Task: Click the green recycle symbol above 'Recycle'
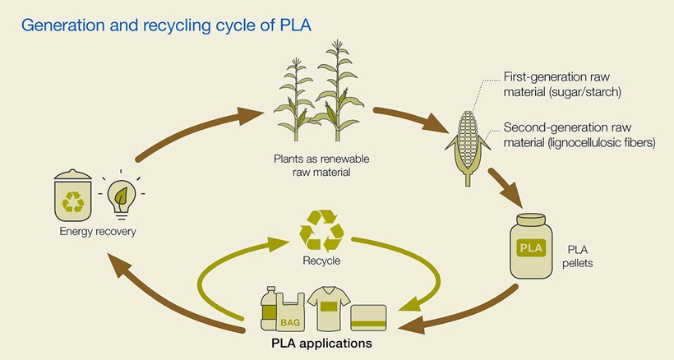[321, 228]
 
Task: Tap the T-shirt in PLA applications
[327, 309]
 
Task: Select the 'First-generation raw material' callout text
[563, 85]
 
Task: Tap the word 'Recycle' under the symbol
[321, 261]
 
